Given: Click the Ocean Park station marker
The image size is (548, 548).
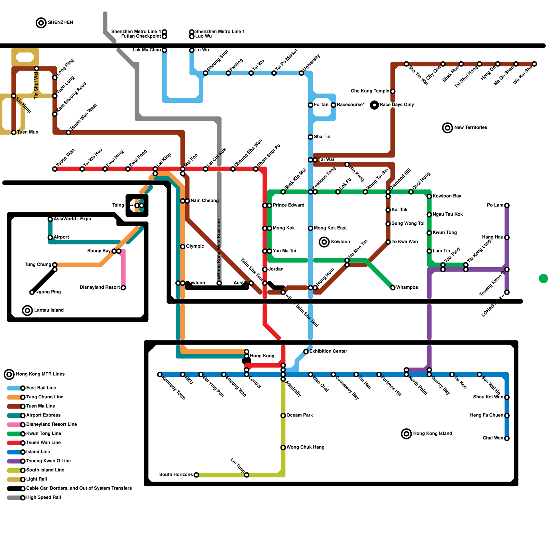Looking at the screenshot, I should point(283,415).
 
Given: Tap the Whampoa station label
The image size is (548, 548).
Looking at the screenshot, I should point(407,287).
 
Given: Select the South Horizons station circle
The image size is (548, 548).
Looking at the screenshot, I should point(196,475).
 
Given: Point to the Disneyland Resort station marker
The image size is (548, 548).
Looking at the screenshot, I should point(123,288).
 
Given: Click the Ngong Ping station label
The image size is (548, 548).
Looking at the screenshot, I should point(48,292).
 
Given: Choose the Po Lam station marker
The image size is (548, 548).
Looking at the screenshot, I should point(507,206).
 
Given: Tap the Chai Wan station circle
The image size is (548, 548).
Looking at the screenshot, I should point(507,438).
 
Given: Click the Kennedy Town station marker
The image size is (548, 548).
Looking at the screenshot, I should point(160,374).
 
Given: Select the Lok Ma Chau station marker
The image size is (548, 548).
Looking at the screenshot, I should point(164,50).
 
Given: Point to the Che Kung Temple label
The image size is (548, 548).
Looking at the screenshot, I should point(370,91).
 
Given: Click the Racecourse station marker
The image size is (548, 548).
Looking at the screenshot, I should point(333,105).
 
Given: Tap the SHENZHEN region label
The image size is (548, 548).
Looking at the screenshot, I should point(60,23).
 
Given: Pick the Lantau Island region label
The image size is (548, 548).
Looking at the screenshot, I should point(49,310).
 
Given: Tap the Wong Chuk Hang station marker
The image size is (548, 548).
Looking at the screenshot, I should point(283,448).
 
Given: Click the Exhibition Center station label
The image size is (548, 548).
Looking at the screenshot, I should point(328,351).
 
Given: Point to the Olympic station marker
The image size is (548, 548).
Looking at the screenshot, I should point(183,247).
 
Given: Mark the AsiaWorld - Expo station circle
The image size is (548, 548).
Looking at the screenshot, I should point(50,219).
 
